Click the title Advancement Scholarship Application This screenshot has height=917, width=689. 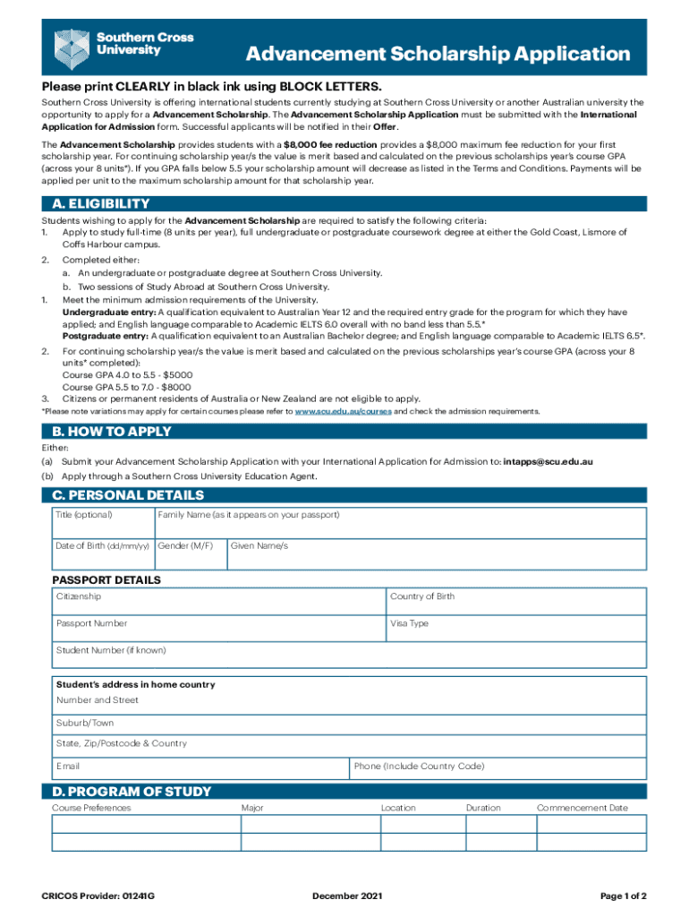pos(438,55)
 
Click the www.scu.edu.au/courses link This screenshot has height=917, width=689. pos(343,411)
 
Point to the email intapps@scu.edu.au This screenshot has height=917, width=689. pos(548,462)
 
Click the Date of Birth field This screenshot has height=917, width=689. pos(103,554)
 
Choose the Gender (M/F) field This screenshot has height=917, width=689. pos(190,554)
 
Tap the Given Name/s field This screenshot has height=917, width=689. pos(436,554)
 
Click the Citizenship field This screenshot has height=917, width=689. pos(219,601)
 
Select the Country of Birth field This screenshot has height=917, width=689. pos(515,601)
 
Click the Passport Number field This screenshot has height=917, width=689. pos(219,628)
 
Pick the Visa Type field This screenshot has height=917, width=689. pos(515,628)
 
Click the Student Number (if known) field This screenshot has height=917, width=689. pos(349,656)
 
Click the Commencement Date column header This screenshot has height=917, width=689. pos(583,808)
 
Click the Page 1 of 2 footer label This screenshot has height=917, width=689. pos(623,896)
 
